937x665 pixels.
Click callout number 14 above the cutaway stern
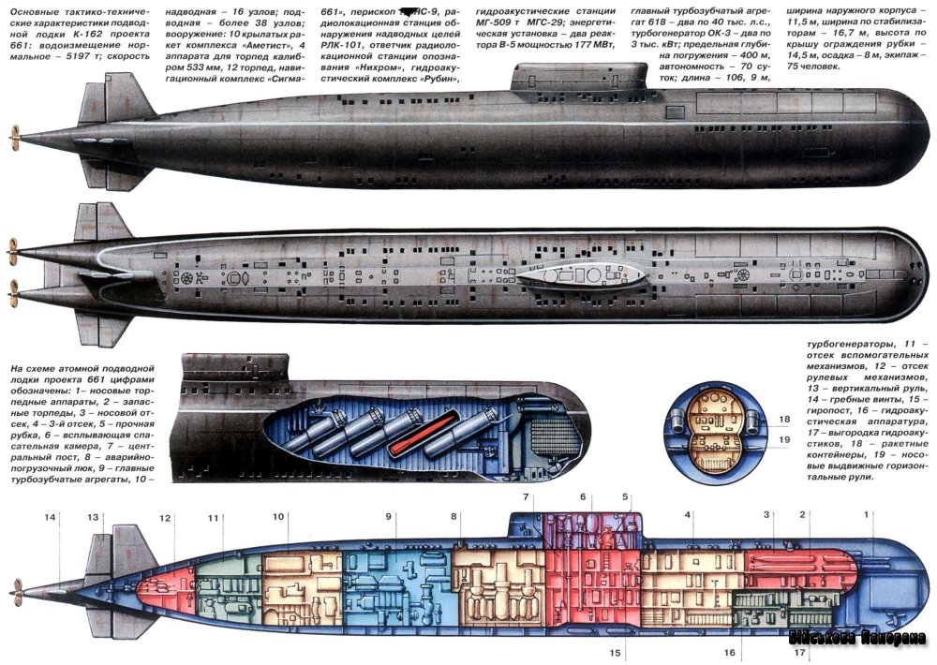pos(50,517)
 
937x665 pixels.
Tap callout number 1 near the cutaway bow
pos(867,514)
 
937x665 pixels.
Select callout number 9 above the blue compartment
pos(388,516)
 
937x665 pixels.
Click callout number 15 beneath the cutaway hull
pos(615,652)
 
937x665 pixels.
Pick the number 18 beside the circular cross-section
pos(784,419)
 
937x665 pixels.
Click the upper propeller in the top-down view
pos(13,250)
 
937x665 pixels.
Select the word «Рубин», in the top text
pos(434,78)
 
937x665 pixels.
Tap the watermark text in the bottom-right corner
pos(856,639)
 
